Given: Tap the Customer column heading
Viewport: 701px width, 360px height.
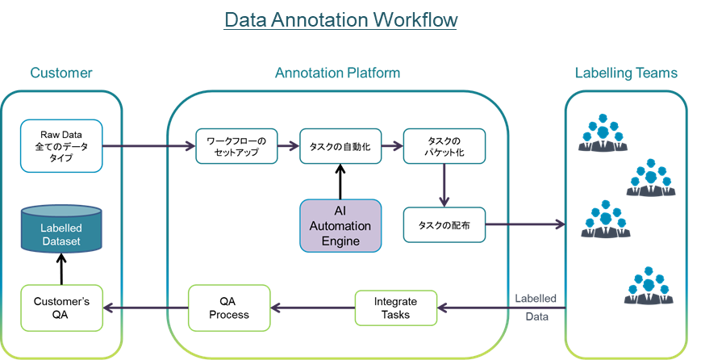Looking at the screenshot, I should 61,73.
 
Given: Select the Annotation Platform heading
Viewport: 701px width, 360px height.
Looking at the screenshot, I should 337,73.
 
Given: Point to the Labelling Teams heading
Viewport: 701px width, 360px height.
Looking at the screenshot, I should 625,73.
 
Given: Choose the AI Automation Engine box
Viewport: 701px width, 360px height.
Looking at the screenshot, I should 340,225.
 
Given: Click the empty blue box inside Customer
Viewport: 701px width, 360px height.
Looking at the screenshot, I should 61,146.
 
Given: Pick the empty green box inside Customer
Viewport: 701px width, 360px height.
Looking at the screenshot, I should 61,308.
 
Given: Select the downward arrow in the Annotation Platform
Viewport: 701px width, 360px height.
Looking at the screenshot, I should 444,185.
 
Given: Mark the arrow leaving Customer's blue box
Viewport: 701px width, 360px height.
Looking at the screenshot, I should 149,146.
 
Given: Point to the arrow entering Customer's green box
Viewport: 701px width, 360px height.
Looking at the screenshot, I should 145,308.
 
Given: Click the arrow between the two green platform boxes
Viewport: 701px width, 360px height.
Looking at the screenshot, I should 313,308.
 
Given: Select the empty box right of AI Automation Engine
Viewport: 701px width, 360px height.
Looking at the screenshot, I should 444,225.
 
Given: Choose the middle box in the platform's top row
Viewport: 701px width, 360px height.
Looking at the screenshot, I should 340,146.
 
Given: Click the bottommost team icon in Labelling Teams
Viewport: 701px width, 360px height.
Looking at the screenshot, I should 649,286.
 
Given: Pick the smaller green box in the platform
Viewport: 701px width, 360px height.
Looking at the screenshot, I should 396,308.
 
